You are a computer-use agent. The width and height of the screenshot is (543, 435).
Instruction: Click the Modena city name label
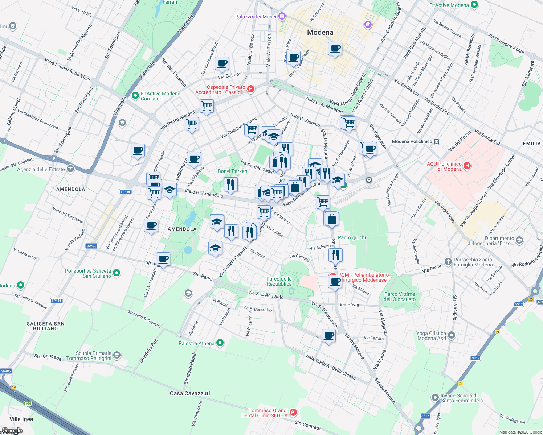pos(320,32)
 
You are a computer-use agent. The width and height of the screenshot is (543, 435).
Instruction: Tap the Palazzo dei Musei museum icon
pos(282,16)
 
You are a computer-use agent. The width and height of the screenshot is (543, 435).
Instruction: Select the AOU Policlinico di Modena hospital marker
pos(467,166)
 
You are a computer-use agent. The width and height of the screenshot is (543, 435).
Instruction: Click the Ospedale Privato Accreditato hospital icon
pos(250,89)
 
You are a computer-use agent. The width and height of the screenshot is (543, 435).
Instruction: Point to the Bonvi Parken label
pos(233,171)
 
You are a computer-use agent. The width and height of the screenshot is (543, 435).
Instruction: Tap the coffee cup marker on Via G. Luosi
pos(222,64)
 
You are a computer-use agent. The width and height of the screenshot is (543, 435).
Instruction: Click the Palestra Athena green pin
pos(220,343)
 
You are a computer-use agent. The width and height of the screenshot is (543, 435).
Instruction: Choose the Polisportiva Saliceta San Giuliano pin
pos(117,273)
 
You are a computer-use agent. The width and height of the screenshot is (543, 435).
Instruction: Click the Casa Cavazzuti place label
pos(190,393)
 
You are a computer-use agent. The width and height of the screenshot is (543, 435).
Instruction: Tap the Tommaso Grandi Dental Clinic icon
pos(293,413)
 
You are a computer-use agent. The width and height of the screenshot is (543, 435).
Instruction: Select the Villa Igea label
pos(21,419)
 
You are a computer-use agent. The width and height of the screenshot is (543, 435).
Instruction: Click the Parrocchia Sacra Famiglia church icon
pos(448,261)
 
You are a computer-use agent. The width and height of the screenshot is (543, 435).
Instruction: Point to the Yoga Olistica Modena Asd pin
pos(451,335)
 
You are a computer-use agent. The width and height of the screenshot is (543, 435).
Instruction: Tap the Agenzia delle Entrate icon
pos(70,169)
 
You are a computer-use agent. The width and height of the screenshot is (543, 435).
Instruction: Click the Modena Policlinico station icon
pos(437,141)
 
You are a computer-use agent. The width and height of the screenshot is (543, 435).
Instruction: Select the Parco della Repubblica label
pos(279,281)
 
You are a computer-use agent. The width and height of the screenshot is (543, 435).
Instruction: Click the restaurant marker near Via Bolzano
pos(335,255)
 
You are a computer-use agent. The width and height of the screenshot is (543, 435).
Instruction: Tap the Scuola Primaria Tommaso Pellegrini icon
pos(117,355)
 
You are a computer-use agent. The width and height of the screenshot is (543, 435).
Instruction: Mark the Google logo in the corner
pos(12,431)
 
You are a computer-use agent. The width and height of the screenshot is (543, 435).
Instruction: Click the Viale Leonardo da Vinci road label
pos(68,69)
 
